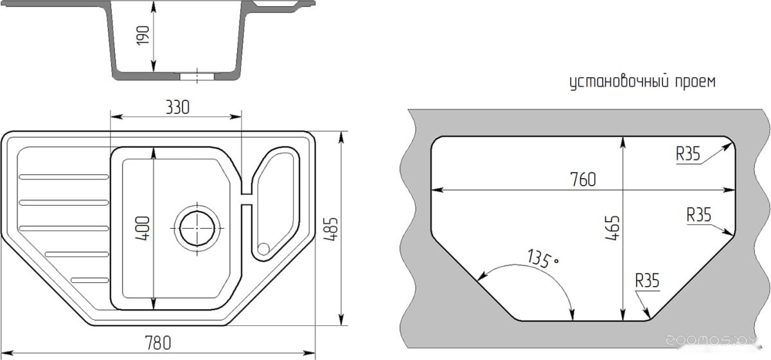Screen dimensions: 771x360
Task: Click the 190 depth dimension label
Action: [143, 35]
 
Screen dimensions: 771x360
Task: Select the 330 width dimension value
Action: [177, 107]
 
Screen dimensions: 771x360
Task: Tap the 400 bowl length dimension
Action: [143, 228]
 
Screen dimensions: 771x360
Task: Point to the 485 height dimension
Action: [331, 229]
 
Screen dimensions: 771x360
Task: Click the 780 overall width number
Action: [158, 343]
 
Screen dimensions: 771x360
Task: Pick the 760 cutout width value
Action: [583, 179]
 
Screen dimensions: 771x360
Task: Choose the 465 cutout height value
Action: [613, 228]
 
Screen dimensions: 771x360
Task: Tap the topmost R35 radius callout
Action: [688, 154]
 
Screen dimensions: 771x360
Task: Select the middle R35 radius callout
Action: [699, 215]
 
